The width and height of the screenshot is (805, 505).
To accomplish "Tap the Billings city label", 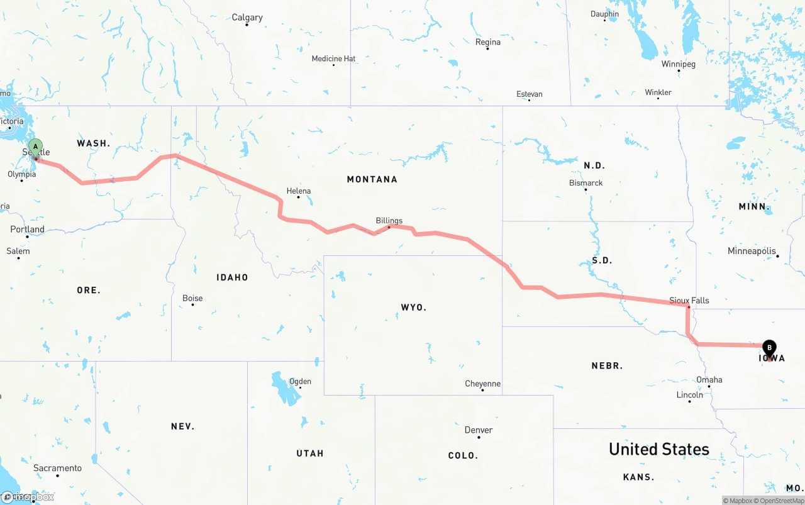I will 389,221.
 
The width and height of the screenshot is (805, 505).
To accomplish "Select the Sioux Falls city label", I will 689,301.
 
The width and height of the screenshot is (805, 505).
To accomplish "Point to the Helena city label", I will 298,191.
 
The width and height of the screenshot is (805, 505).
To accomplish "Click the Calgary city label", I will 247,18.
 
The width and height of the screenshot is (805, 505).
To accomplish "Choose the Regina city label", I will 488,42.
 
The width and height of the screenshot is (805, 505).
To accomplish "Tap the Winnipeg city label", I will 678,64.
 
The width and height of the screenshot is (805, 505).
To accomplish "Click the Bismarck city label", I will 586,183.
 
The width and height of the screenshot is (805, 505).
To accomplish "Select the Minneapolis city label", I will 752,251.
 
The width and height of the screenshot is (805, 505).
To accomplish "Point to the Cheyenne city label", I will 482,384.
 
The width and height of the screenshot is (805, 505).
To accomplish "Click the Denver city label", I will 478,430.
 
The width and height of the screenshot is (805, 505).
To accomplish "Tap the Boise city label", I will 192,298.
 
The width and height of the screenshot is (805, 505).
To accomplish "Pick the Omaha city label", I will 709,380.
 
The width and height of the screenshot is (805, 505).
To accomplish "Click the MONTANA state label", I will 372,179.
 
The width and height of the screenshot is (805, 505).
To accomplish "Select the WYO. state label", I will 413,308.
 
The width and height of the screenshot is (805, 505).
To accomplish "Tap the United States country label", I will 658,449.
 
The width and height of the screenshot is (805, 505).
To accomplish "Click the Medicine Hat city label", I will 333,59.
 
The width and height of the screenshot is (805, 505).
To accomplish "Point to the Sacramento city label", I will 57,468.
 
